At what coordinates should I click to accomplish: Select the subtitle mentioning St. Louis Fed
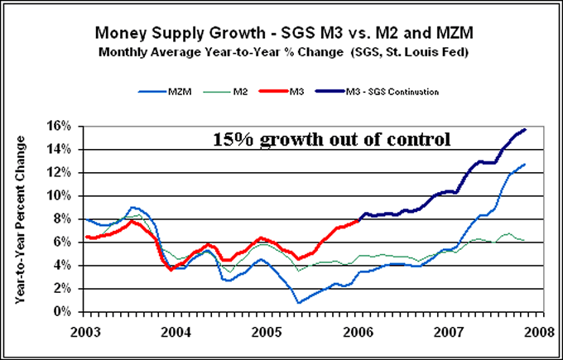click(x=281, y=52)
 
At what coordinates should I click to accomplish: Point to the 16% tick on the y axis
click(x=68, y=127)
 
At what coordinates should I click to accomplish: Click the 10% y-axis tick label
click(x=68, y=196)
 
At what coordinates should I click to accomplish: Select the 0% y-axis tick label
click(x=70, y=312)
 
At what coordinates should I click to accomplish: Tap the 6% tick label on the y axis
click(x=70, y=242)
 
